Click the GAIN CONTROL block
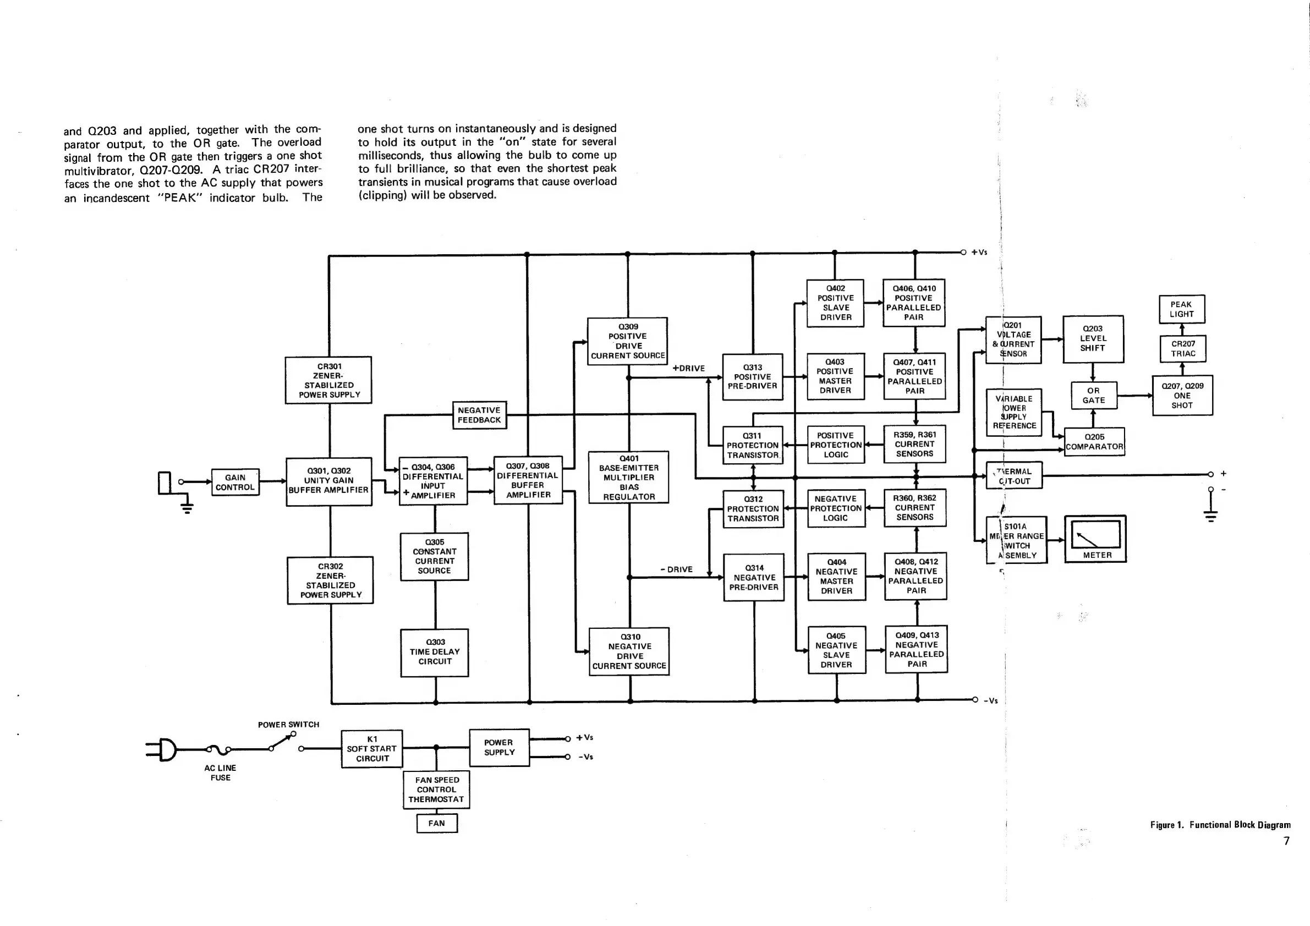[235, 483]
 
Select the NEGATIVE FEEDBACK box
[479, 415]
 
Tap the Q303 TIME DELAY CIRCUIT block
[435, 652]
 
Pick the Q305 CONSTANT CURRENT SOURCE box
[435, 556]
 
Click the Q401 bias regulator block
[629, 478]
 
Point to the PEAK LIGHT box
[1182, 309]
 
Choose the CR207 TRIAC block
[1183, 349]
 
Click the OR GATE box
[1093, 396]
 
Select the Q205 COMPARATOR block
[1094, 442]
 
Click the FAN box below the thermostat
[436, 823]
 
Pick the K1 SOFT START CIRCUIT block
[372, 749]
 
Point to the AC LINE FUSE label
[220, 772]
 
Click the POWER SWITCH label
[289, 725]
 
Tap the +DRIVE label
[689, 369]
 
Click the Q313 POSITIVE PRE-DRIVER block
[753, 376]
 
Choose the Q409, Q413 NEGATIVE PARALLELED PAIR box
[916, 649]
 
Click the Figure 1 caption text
[1220, 824]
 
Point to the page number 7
[1286, 840]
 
